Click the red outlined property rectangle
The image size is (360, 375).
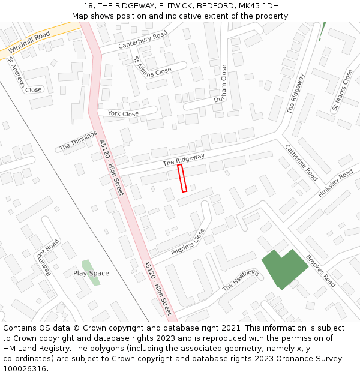182,179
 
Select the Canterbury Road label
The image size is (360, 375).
143,40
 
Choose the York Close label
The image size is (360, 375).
123,113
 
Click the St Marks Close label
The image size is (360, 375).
342,91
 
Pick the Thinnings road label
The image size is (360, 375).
78,141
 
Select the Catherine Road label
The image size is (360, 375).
301,163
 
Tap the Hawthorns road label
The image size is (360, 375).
241,280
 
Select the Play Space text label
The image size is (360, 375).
91,273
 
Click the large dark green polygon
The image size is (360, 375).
283,268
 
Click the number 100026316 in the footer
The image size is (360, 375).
26,368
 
